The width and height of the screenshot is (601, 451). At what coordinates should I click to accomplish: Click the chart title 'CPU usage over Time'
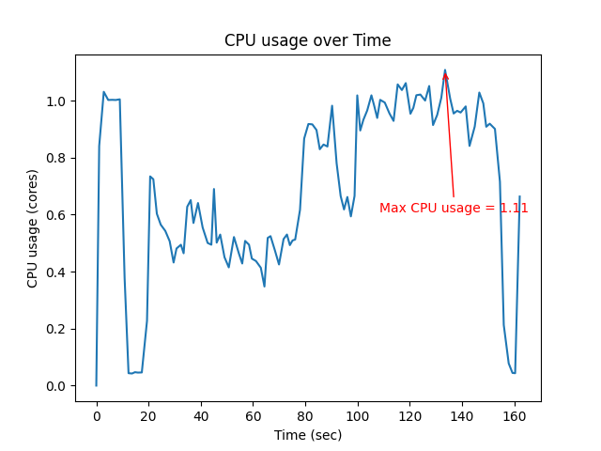(307, 40)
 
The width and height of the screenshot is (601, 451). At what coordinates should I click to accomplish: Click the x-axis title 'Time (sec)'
(307, 435)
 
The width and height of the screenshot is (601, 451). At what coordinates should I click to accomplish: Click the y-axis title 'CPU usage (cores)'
(33, 228)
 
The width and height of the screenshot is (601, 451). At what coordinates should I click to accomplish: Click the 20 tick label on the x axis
(148, 415)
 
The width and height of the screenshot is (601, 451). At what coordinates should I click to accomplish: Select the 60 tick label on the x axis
(253, 415)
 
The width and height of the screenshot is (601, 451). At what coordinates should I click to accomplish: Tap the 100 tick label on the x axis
(357, 415)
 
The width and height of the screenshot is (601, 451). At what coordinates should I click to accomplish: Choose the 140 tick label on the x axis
(462, 415)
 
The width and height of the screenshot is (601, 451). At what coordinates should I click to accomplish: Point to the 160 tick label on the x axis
(514, 415)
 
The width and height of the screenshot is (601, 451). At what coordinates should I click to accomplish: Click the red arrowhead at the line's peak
(445, 75)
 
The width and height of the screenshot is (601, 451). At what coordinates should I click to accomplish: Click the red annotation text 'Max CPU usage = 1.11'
(454, 208)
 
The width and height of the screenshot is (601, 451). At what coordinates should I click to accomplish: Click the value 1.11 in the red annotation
(514, 208)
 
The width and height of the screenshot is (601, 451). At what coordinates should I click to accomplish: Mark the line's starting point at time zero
(96, 385)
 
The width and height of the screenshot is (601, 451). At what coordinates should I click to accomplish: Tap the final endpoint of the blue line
(519, 196)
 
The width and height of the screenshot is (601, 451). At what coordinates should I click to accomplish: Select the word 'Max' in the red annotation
(393, 208)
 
